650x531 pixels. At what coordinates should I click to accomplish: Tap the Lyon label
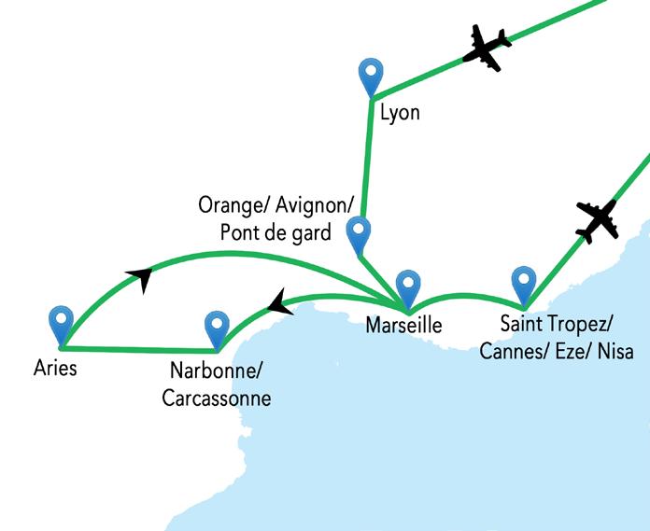click(401, 114)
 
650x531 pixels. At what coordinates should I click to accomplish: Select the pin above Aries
click(62, 322)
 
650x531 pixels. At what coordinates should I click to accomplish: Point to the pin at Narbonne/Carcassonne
click(217, 327)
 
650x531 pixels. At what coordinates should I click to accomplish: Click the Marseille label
click(403, 327)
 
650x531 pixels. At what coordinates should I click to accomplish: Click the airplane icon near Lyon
click(488, 47)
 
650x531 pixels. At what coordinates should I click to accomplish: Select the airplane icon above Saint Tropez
click(598, 220)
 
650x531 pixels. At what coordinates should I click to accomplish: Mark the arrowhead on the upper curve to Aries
click(141, 277)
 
